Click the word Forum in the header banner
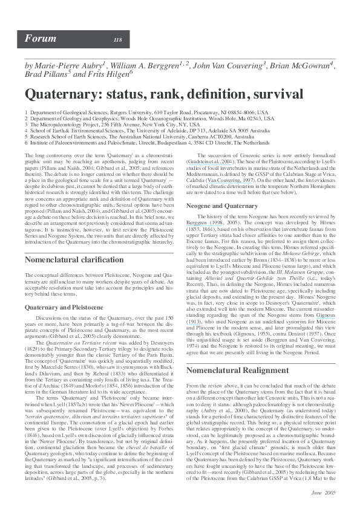pyautogui.click(x=36, y=39)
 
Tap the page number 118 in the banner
pyautogui.click(x=117, y=40)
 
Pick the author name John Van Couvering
pyautogui.click(x=227, y=65)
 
